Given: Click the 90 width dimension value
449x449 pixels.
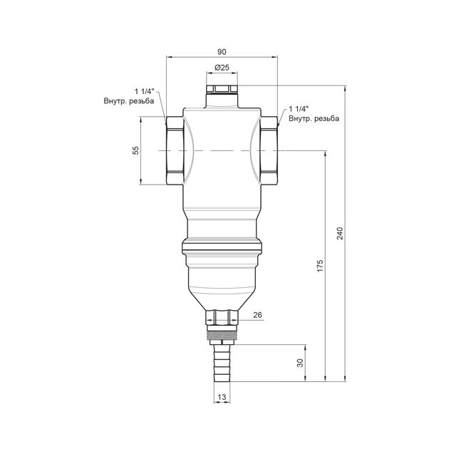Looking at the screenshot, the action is coord(222,52).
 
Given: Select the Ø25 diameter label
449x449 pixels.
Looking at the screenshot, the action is coord(222,68).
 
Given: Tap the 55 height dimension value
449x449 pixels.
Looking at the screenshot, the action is coord(135,150).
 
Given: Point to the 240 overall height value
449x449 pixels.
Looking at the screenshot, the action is coord(340,233).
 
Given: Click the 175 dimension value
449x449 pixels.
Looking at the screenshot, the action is coord(320,266).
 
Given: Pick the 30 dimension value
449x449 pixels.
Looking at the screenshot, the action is coord(300,363).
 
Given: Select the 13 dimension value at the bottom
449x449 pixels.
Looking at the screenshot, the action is coord(222,397).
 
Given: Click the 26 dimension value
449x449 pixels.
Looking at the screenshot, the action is coord(257,315).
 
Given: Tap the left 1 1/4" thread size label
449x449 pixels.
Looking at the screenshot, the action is coord(145,92).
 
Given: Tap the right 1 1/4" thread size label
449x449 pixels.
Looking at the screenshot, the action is coord(299,109).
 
